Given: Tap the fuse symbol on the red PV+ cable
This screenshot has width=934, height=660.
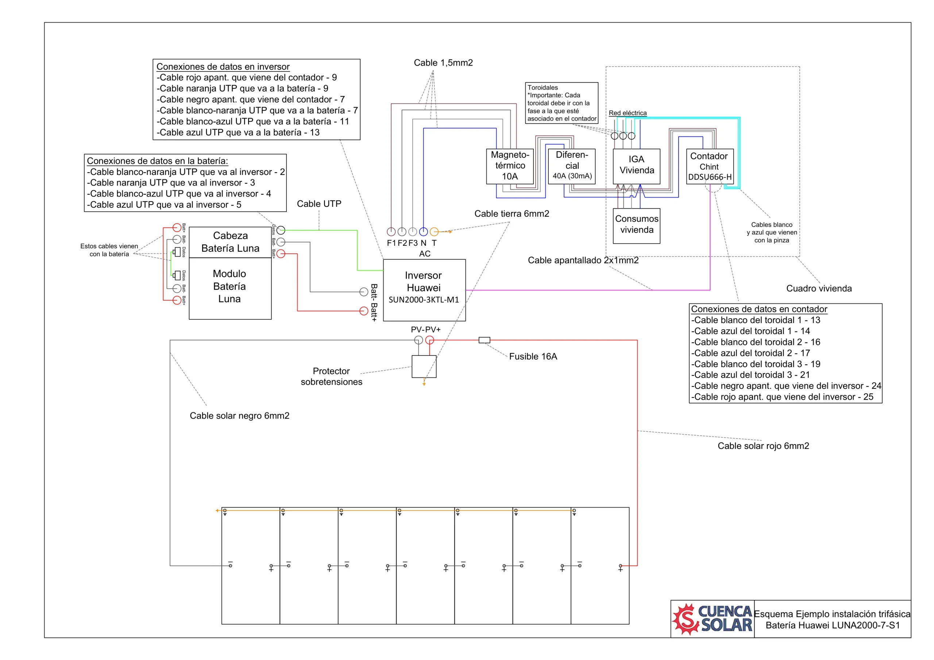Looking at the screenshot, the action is click(484, 340).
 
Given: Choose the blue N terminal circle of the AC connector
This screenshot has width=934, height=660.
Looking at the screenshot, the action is click(424, 232).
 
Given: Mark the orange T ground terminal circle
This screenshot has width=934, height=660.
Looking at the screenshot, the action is click(434, 232).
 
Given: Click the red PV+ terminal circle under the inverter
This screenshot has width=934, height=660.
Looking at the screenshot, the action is click(429, 340).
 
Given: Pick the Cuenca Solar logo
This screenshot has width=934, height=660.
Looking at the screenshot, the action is click(712, 619).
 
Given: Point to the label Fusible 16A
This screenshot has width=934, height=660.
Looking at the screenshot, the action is click(533, 356).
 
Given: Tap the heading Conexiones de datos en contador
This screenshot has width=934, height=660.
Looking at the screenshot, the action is click(759, 309).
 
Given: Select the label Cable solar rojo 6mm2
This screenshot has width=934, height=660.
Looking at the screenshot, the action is click(763, 446).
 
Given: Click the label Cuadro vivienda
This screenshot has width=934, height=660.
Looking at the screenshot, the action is click(819, 288).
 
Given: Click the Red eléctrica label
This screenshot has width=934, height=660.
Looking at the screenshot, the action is click(628, 113).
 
